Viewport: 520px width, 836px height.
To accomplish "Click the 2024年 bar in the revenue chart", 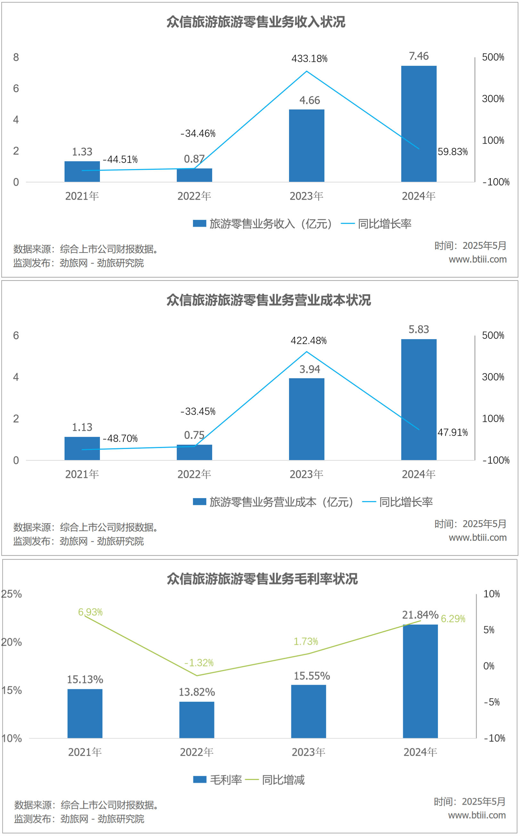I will (418, 124).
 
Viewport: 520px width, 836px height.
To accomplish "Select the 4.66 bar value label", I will (310, 100).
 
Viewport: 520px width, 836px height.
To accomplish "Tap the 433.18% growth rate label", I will (309, 58).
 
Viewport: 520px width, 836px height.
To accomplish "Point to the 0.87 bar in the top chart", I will (194, 175).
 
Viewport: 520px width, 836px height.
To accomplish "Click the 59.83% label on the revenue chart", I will (452, 151).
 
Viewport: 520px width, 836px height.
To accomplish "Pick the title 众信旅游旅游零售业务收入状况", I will (256, 22).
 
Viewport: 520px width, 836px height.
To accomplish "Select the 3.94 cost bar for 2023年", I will (306, 419).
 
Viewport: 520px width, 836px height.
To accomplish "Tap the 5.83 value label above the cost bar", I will (418, 329).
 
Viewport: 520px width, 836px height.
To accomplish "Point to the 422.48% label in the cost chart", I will (309, 341).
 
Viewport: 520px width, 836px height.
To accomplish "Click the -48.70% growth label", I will (120, 438).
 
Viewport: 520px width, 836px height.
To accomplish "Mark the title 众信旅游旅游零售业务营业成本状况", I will (268, 300).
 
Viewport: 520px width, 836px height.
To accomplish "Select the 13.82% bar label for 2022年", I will (197, 692).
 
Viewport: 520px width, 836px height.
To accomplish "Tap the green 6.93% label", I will (90, 612).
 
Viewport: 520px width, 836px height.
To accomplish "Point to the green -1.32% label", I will (199, 662).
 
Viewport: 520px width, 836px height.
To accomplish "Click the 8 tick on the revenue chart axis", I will (16, 57).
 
